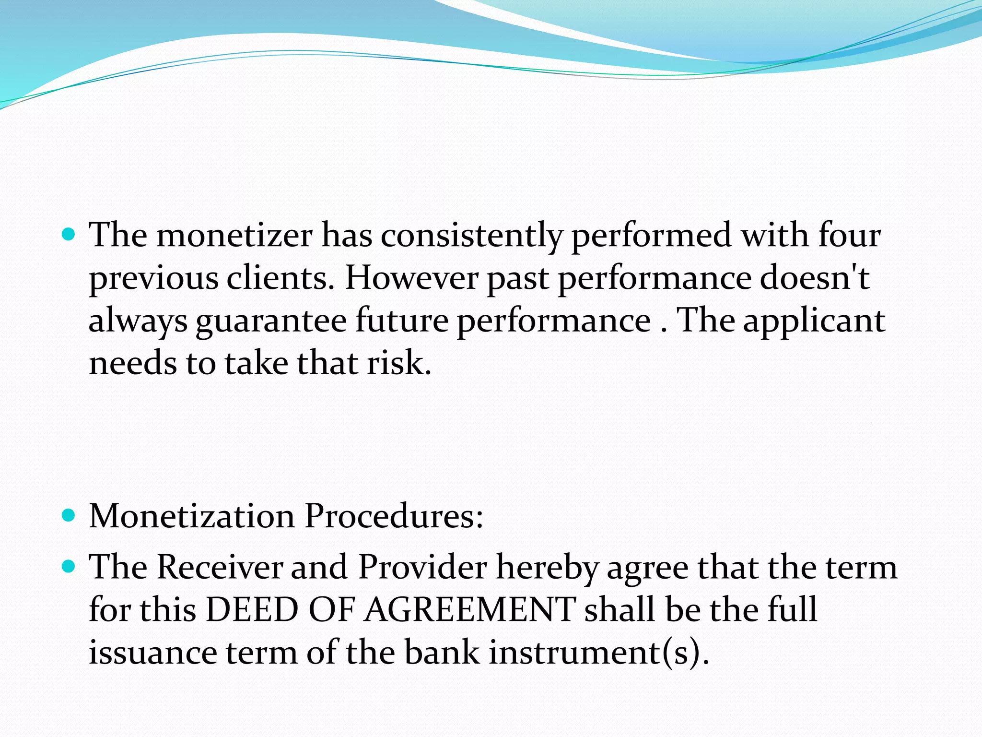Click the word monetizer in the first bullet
(234, 235)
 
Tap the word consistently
(471, 236)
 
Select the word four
(849, 235)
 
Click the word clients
(280, 278)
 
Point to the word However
(411, 278)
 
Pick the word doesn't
(815, 278)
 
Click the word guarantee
(271, 321)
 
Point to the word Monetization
(192, 516)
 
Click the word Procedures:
(394, 516)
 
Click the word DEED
(252, 610)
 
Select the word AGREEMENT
(470, 610)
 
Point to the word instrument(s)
(599, 653)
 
